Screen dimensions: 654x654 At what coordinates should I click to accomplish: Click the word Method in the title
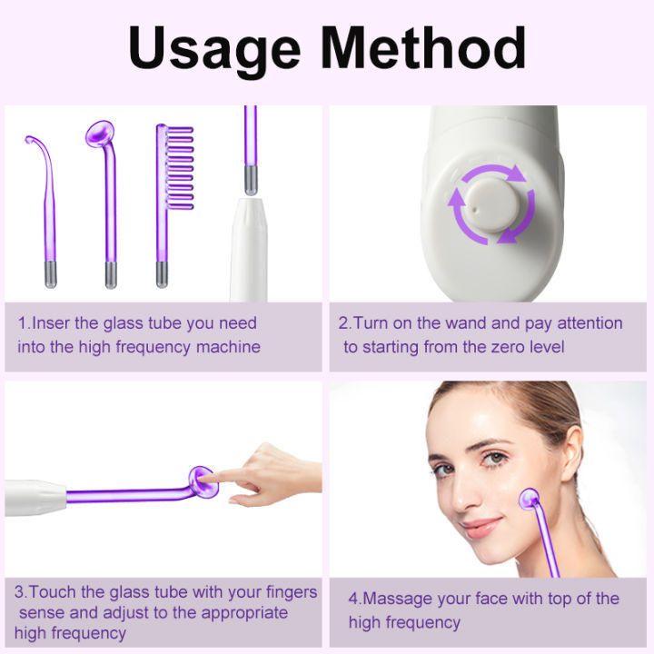point(427,49)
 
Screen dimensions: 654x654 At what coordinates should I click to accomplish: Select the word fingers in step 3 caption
point(290,592)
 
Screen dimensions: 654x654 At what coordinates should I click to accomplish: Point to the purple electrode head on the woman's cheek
point(530,499)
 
